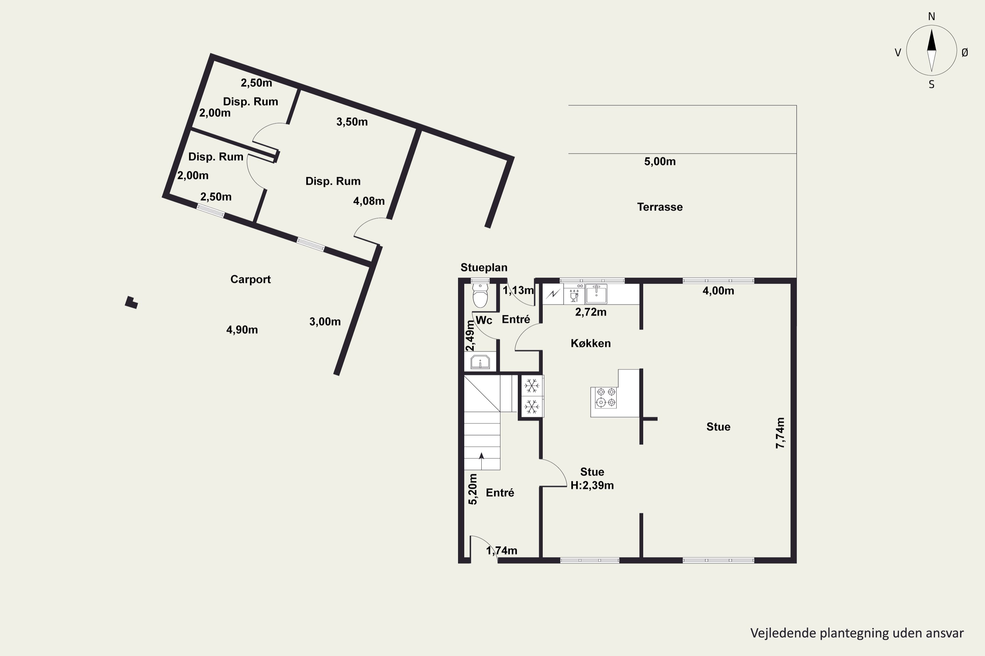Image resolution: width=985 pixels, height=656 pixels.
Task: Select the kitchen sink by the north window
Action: pyautogui.click(x=596, y=293)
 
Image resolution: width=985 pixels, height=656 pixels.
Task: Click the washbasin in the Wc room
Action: pyautogui.click(x=480, y=362)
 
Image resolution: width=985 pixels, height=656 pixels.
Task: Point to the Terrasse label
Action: pyautogui.click(x=660, y=207)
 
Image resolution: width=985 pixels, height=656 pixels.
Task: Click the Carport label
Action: pyautogui.click(x=251, y=279)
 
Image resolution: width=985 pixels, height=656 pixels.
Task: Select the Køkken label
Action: pyautogui.click(x=590, y=343)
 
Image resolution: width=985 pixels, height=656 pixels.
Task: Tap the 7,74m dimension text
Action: pyautogui.click(x=780, y=433)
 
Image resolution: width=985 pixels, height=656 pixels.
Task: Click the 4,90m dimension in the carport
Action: pyautogui.click(x=242, y=330)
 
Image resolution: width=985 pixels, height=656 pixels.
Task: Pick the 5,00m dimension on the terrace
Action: pyautogui.click(x=660, y=161)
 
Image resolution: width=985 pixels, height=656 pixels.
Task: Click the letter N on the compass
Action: pyautogui.click(x=931, y=16)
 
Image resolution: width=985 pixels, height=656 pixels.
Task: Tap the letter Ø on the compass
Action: pyautogui.click(x=965, y=52)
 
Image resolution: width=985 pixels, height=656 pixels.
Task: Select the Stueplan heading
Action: pyautogui.click(x=484, y=268)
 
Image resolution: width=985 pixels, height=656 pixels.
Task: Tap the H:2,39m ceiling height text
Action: pyautogui.click(x=592, y=485)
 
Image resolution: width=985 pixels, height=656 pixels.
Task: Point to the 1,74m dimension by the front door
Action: pyautogui.click(x=502, y=551)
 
